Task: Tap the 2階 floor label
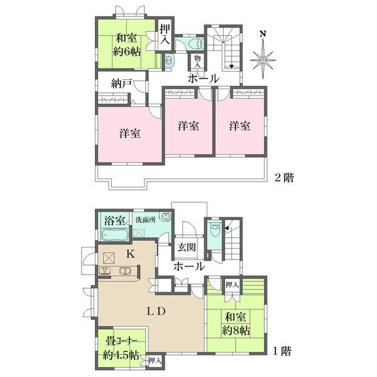pos(284,178)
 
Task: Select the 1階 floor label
pos(282,351)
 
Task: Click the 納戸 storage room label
pos(122,84)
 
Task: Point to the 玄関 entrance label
pos(187,247)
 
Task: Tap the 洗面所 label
pos(146,220)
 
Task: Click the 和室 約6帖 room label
pos(127,45)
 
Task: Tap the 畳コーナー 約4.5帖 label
pos(121,348)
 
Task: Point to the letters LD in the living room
pos(156,312)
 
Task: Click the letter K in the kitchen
pos(131,254)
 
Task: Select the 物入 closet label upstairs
pos(197,62)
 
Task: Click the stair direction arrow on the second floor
pos(231,67)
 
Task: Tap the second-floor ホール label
pos(204,79)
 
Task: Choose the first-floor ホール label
pos(189,266)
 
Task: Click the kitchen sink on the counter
pos(125,271)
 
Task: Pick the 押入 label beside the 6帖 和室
pos(165,35)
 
